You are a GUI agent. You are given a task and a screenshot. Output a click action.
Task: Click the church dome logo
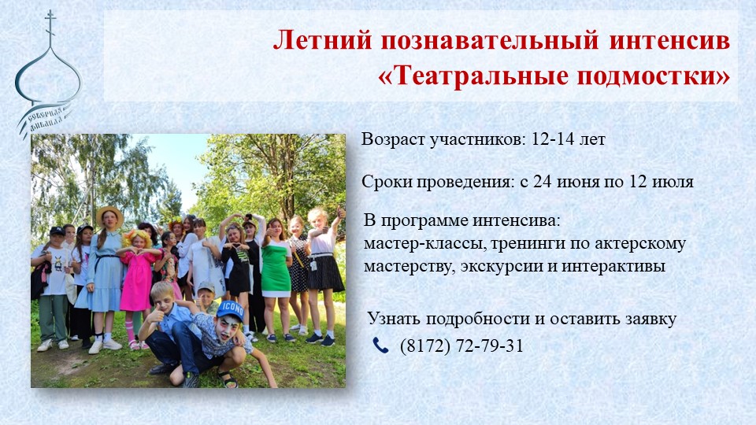[47, 75]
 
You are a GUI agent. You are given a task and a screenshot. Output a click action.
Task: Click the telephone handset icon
[381, 346]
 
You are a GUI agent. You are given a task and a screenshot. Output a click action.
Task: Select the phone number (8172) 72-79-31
[461, 346]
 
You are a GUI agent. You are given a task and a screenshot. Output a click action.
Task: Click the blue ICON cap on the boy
[230, 308]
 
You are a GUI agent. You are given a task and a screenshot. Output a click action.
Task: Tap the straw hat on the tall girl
[109, 213]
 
